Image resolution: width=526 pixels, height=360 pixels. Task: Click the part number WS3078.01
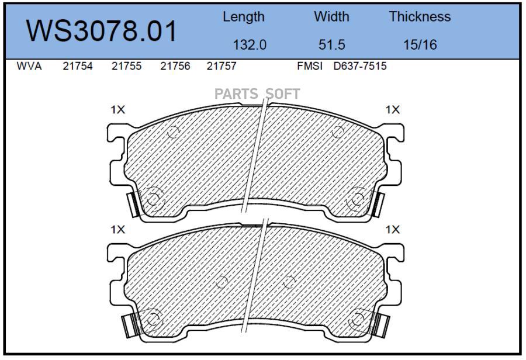pyautogui.click(x=101, y=31)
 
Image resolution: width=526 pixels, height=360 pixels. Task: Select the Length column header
pyautogui.click(x=244, y=17)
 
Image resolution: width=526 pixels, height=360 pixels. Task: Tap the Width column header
pyautogui.click(x=331, y=16)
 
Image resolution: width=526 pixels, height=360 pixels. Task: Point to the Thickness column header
pyautogui.click(x=420, y=16)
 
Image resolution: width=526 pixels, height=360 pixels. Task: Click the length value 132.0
pyautogui.click(x=250, y=44)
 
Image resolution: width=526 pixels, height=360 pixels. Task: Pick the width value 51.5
pyautogui.click(x=331, y=44)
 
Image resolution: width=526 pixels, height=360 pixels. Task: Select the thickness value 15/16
pyautogui.click(x=420, y=44)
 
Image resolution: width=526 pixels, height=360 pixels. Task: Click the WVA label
pyautogui.click(x=29, y=66)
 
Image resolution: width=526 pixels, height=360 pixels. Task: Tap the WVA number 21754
pyautogui.click(x=78, y=66)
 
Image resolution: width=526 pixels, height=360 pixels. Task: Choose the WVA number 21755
pyautogui.click(x=126, y=66)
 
